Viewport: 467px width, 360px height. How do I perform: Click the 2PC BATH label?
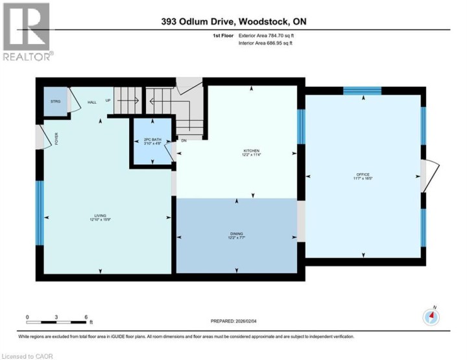(x=152, y=141)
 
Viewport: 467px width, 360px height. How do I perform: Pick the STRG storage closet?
(x=55, y=102)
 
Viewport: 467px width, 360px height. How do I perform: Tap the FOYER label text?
(x=56, y=138)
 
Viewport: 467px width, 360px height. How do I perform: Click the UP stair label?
(x=108, y=101)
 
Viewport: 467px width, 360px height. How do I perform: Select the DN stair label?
(x=184, y=140)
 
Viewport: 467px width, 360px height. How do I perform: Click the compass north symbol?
(x=431, y=317)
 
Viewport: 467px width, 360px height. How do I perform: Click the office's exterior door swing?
(x=425, y=176)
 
